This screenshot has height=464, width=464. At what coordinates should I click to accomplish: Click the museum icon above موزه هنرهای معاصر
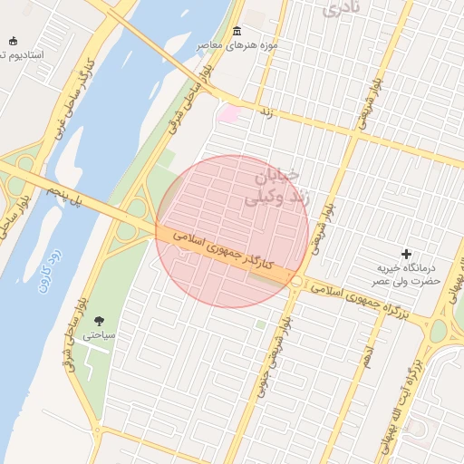coord(237,32)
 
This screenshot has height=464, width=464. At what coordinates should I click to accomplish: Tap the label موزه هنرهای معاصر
coord(238,45)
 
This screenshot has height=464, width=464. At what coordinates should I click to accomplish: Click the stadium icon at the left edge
coord(13,41)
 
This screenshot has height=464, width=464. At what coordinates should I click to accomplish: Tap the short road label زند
coord(266,111)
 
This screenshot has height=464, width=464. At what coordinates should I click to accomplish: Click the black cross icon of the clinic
coord(406,254)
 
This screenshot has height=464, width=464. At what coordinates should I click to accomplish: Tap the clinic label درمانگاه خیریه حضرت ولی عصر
coord(408,275)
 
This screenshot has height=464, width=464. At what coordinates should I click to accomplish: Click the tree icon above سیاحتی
coord(99,320)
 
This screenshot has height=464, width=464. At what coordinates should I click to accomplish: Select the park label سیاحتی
coord(100,334)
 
